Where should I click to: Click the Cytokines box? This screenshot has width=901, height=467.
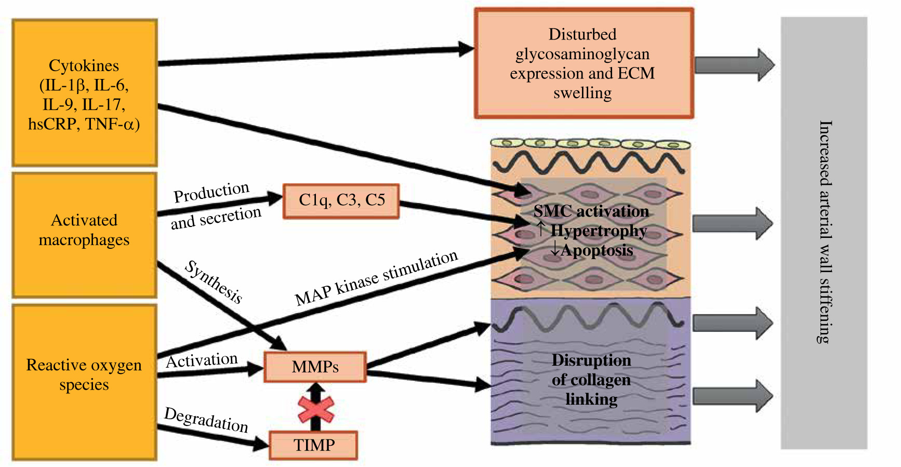84,93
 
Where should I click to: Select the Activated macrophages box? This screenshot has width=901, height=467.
84,235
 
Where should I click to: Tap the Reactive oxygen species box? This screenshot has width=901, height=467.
84,382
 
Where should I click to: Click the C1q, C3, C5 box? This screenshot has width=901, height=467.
341,201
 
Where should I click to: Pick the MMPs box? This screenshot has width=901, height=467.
315,367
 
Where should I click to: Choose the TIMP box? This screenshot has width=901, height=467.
313,445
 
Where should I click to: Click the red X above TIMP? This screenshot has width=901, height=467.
315,410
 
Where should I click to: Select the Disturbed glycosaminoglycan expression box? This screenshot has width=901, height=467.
584,63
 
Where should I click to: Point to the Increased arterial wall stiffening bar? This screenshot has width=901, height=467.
824,233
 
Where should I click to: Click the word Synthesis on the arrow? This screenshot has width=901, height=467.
214,282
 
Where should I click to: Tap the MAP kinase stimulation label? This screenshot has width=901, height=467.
376,278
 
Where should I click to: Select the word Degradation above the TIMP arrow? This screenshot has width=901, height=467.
206,420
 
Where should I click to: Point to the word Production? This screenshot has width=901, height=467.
211,193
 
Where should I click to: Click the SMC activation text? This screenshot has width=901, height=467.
591,211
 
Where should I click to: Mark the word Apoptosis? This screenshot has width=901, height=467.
596,250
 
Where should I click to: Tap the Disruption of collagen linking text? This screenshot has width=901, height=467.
591,380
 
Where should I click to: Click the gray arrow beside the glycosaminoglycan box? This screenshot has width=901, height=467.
734,65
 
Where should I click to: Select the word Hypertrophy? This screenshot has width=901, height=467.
598,231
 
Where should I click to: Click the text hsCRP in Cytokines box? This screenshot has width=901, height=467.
52,125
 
